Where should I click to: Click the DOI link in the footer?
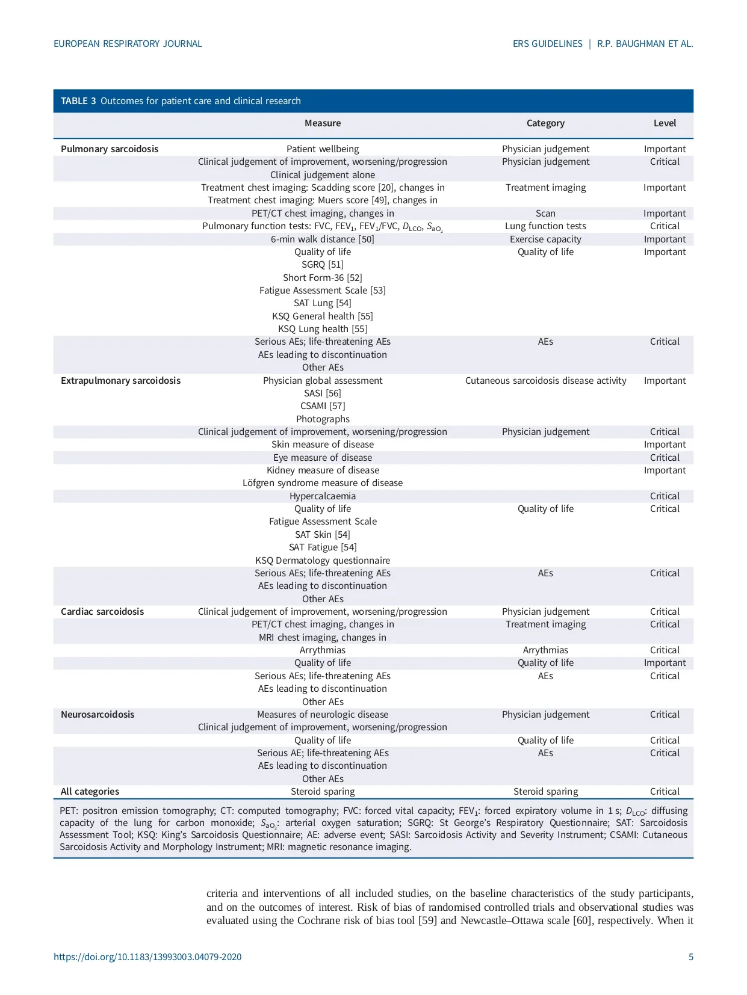click(147, 956)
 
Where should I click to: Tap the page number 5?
click(690, 956)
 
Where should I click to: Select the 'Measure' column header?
click(323, 123)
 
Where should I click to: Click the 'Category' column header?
click(545, 123)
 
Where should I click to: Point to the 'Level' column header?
click(665, 123)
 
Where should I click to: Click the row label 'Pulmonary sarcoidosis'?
click(110, 149)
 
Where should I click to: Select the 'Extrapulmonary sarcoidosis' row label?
click(120, 381)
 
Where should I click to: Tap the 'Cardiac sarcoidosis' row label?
click(102, 612)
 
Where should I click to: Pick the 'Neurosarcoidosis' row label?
click(98, 715)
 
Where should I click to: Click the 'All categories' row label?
click(90, 792)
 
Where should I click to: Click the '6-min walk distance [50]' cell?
click(323, 239)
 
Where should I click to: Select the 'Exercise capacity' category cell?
click(545, 239)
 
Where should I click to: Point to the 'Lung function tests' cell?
click(545, 226)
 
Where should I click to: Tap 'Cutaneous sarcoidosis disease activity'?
click(545, 381)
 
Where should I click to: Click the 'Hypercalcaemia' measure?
click(323, 496)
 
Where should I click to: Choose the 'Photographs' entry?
click(323, 419)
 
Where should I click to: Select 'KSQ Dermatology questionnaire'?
click(323, 561)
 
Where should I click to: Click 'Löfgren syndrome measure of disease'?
click(323, 483)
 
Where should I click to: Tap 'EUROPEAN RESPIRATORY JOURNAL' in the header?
click(128, 44)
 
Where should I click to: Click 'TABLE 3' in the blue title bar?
click(78, 101)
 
